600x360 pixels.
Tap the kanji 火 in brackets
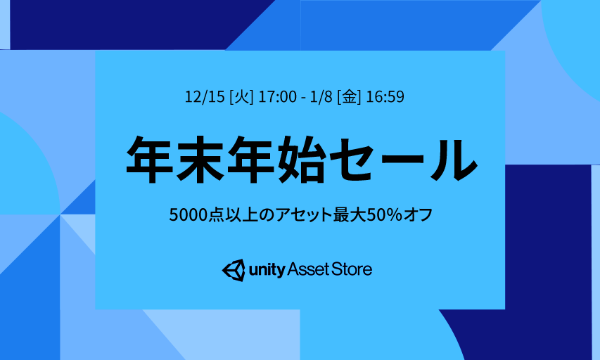point(241,97)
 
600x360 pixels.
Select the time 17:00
point(277,97)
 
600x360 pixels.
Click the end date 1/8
point(321,97)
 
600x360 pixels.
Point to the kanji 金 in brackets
point(349,97)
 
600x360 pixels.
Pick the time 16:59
point(385,97)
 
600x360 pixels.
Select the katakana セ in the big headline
point(351,160)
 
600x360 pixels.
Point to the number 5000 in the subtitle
point(189,214)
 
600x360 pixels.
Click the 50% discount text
point(385,214)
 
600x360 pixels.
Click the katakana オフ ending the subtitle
point(418,214)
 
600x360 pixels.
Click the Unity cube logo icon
point(234,270)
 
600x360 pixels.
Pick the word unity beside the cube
point(267,270)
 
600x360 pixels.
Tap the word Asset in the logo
point(308,270)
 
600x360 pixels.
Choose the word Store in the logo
point(351,270)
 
